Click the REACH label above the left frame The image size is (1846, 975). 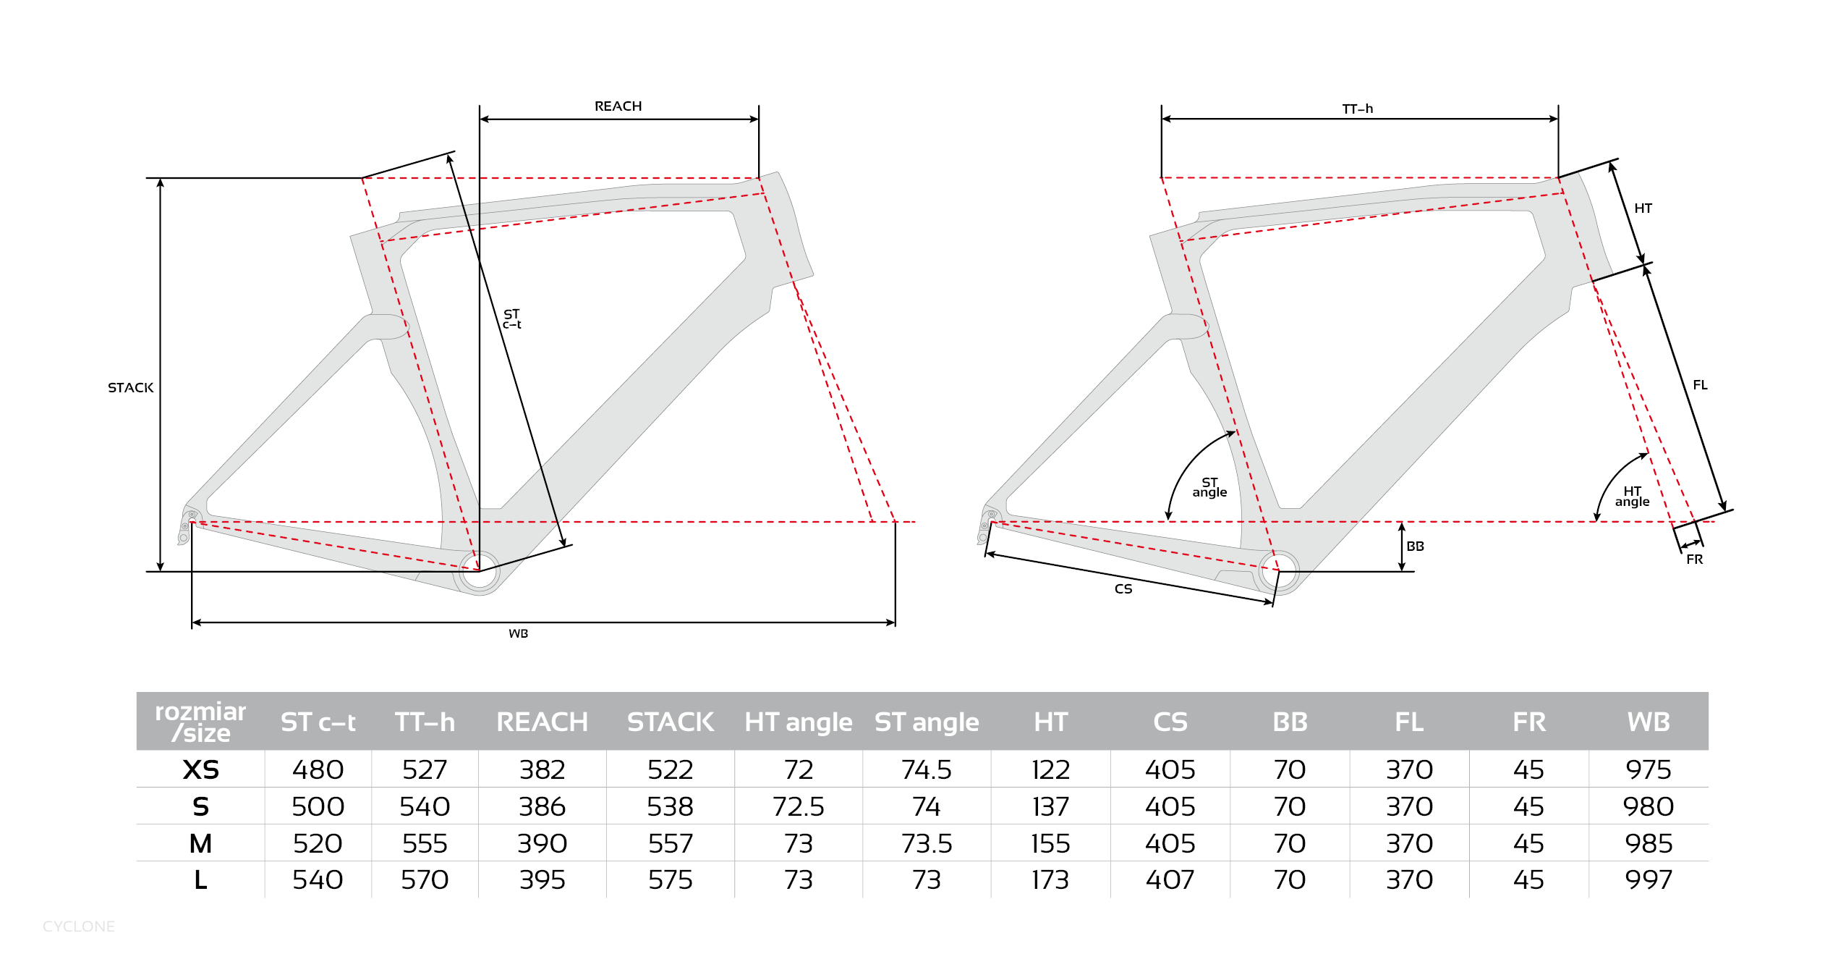tap(618, 106)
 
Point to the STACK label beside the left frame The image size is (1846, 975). tap(131, 388)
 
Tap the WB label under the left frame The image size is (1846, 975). tap(518, 634)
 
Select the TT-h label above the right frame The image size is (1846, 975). tap(1357, 109)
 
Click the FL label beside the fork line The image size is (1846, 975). tap(1700, 385)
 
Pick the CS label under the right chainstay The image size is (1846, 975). tap(1123, 589)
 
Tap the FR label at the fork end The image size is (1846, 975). tap(1694, 560)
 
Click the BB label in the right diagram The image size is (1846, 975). tap(1416, 546)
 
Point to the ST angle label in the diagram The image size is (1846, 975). tap(1209, 487)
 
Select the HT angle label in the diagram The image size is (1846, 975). tap(1632, 497)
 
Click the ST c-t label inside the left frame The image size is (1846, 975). tap(512, 319)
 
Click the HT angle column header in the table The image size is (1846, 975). tap(799, 722)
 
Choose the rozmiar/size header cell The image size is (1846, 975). tap(200, 722)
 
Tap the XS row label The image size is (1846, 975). tap(200, 769)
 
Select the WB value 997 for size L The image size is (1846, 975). tap(1649, 880)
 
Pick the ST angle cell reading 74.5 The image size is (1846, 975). tap(927, 769)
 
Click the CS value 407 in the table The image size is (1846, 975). tap(1170, 880)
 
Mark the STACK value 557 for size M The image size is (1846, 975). tap(671, 843)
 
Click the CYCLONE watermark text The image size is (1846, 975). tap(79, 927)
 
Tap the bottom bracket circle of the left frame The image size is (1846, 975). tap(479, 572)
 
